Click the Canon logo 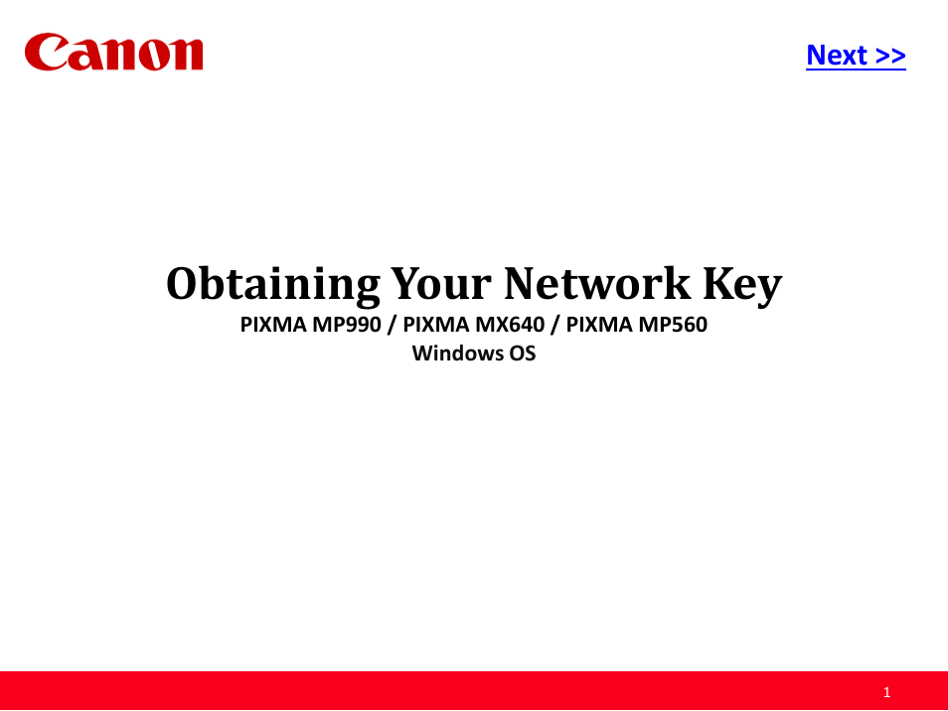113,53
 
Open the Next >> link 856,55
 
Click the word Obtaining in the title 273,284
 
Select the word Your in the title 441,283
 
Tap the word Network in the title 597,283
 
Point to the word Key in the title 742,285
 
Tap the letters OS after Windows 523,353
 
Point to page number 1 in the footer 887,692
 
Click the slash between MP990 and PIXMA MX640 392,325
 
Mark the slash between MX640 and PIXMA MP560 555,325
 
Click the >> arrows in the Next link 890,56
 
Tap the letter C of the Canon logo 47,52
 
